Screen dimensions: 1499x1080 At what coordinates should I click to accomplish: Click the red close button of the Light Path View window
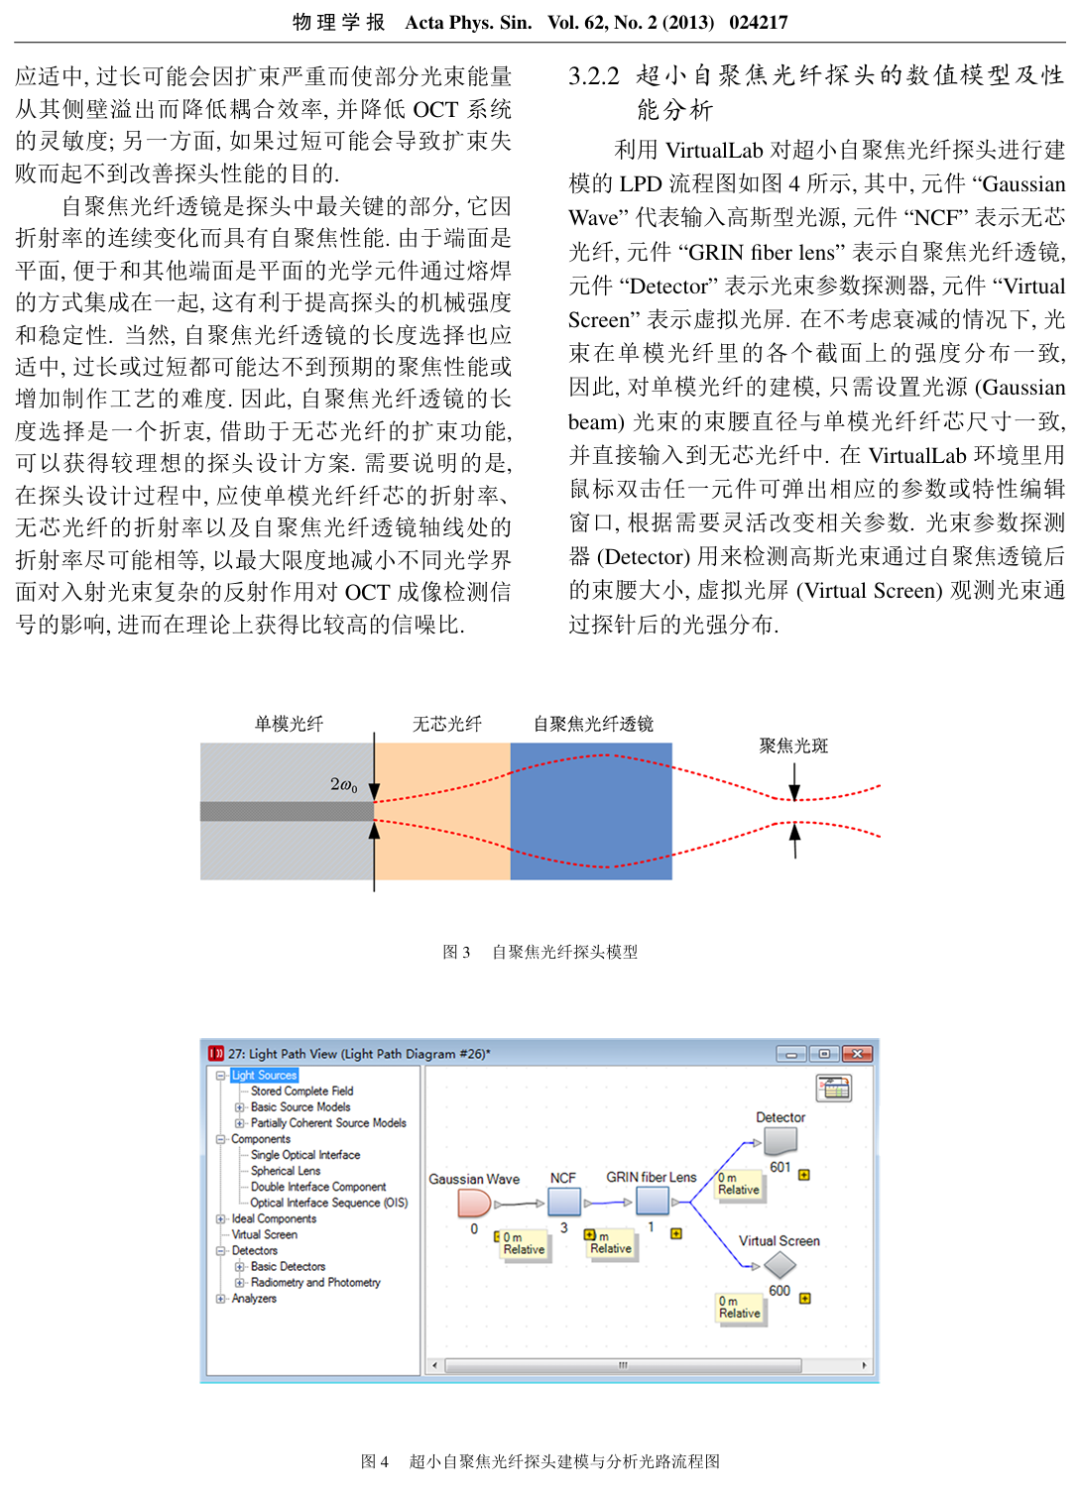point(858,1053)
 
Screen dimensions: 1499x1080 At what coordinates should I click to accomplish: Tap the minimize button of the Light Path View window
point(791,1053)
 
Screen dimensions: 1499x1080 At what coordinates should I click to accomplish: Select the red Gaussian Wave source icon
point(474,1203)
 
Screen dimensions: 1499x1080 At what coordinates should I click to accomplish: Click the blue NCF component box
point(564,1202)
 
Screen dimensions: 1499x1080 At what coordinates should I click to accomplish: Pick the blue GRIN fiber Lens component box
point(652,1201)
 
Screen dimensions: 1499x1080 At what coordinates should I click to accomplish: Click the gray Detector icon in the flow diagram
point(780,1141)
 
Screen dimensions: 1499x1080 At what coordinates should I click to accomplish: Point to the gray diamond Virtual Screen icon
point(780,1265)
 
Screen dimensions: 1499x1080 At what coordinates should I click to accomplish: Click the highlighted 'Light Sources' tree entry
point(264,1075)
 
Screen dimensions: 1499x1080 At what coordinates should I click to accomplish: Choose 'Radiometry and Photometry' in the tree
point(315,1282)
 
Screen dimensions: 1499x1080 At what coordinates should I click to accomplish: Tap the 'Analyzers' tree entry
point(254,1298)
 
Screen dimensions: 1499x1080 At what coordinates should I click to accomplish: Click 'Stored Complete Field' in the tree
point(301,1091)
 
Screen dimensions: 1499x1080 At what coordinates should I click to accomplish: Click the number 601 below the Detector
point(780,1167)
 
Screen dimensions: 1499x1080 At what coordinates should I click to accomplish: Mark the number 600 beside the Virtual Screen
point(780,1291)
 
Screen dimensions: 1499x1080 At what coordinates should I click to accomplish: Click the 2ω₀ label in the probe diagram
point(343,784)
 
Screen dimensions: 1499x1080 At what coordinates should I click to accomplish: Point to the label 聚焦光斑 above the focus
point(793,746)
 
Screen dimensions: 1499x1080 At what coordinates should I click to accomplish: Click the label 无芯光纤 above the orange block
point(447,724)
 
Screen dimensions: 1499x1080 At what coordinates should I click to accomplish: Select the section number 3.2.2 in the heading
point(594,75)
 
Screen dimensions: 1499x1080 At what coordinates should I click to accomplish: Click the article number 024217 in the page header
point(759,22)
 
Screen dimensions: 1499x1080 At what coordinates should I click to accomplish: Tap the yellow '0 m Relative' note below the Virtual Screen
point(740,1307)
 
